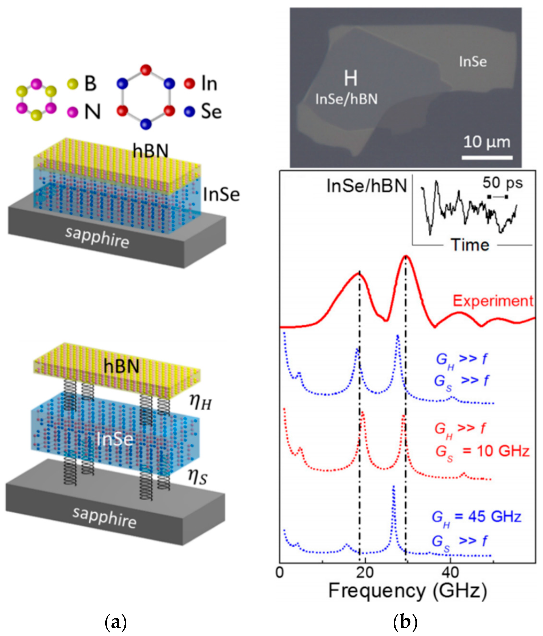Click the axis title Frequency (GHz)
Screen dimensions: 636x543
(408, 591)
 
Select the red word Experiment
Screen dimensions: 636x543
(493, 301)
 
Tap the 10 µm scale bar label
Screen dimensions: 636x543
(487, 142)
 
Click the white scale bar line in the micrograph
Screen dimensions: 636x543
(487, 158)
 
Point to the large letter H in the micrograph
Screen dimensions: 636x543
(350, 79)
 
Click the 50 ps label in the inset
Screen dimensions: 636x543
(502, 183)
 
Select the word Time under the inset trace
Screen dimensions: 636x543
(470, 245)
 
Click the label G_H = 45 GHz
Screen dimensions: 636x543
(476, 517)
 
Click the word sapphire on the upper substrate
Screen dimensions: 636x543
(97, 238)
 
